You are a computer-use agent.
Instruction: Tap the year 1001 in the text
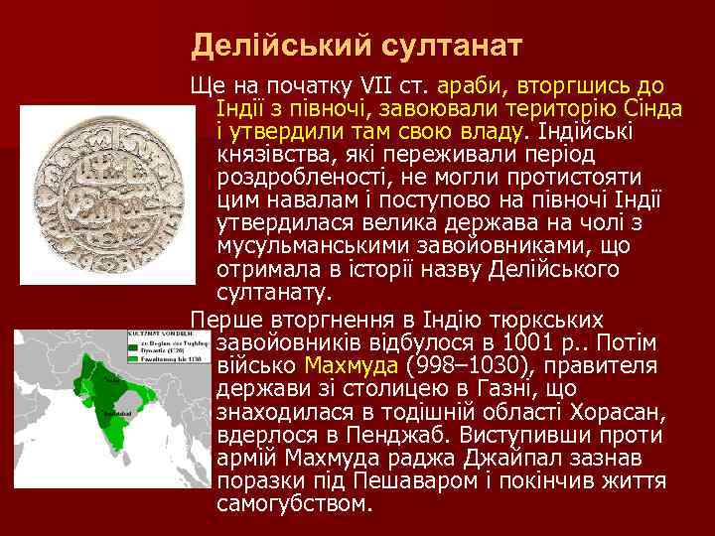tap(523, 343)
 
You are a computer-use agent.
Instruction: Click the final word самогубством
tap(294, 504)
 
